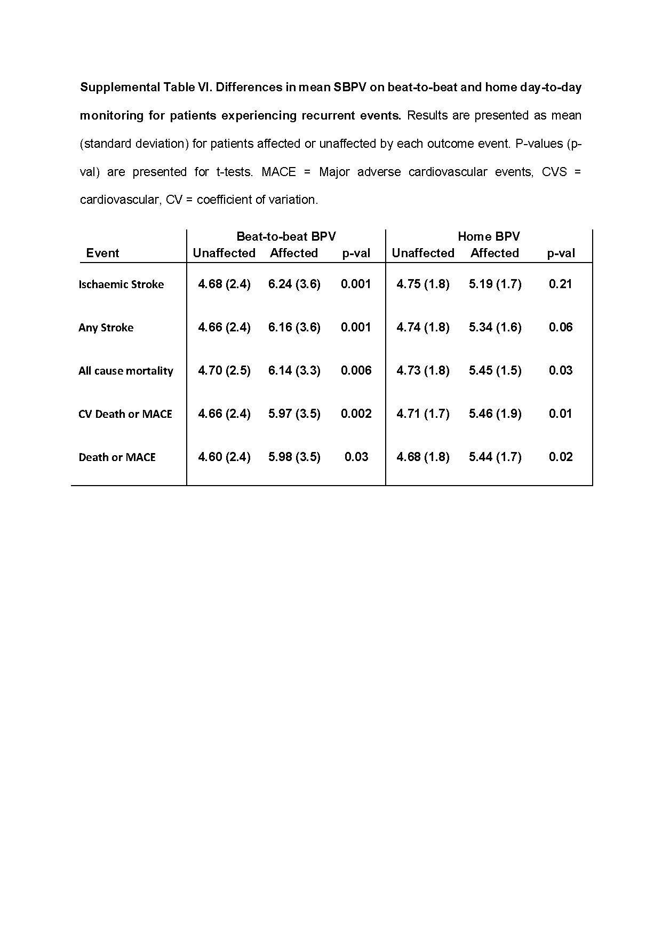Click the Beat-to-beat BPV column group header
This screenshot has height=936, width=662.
coord(286,236)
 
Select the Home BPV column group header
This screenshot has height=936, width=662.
coord(489,236)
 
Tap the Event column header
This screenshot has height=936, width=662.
coord(102,253)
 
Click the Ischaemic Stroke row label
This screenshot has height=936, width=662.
coord(121,284)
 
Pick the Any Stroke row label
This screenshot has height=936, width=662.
coord(106,328)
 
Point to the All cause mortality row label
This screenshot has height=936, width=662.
coord(126,371)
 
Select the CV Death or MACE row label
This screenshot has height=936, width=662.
coord(125,414)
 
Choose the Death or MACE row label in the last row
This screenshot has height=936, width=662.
coord(117,457)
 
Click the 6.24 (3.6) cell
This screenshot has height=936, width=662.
coord(294,284)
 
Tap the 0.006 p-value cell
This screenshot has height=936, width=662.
coord(356,370)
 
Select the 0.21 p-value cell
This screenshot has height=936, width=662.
coord(560,284)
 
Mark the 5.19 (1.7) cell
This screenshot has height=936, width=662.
coord(495,284)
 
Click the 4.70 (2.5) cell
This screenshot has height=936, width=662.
coord(224,370)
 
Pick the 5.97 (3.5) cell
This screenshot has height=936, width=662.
coord(294,414)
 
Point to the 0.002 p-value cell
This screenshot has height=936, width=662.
coord(356,414)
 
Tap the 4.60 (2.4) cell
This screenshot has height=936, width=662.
coord(224,457)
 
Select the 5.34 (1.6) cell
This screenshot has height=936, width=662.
coord(495,327)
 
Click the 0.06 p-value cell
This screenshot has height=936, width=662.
coord(560,327)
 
